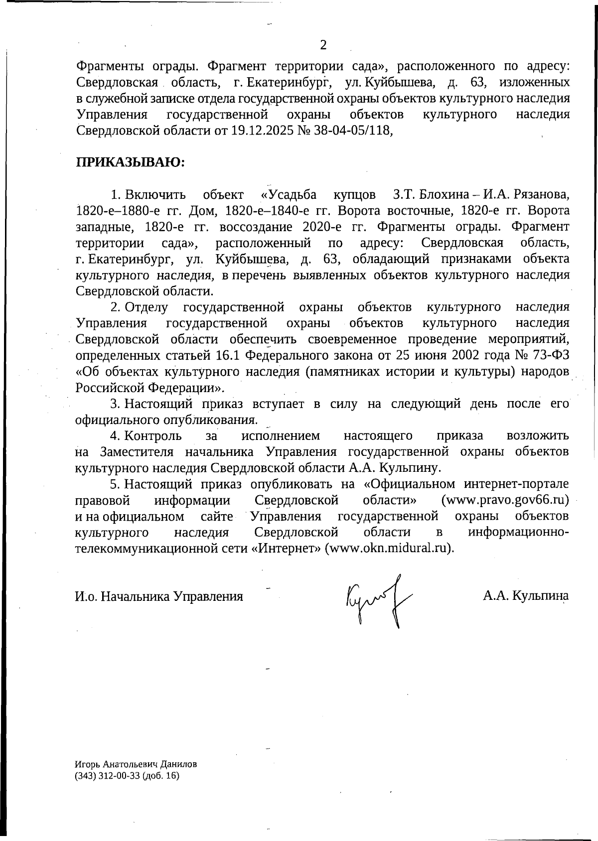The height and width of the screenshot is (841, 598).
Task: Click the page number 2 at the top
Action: (x=323, y=46)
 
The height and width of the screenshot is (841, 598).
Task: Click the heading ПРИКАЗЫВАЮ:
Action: (x=130, y=162)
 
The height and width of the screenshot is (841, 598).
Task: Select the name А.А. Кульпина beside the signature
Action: (x=526, y=596)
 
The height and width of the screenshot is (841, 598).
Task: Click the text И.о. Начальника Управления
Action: (x=159, y=596)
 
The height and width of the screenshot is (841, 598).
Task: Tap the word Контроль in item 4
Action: (x=153, y=436)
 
